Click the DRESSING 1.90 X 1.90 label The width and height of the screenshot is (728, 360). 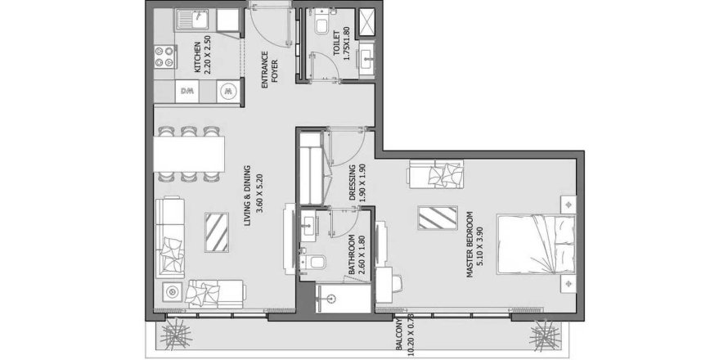point(357,182)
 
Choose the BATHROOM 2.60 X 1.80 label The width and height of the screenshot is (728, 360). point(357,254)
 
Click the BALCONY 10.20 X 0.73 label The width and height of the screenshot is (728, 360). point(402,337)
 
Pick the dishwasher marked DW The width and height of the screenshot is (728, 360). point(187,91)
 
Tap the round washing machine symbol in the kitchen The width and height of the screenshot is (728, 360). point(228,91)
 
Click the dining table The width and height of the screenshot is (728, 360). point(189,154)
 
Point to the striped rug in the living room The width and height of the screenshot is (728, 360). point(217,232)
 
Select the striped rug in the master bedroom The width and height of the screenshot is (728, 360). point(438,218)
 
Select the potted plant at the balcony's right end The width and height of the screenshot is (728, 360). point(546,335)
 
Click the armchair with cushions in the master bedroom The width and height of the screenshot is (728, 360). point(435,174)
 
